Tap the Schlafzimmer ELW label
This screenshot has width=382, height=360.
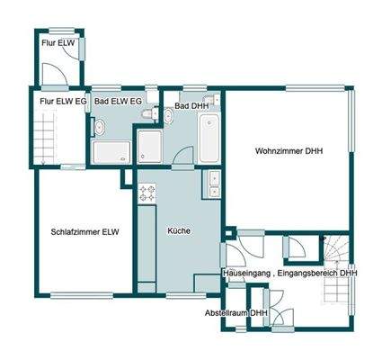(85, 231)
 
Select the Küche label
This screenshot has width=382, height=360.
(178, 231)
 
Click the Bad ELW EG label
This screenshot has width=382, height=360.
(118, 102)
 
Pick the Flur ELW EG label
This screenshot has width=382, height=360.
(62, 102)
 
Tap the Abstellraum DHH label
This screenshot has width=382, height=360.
(236, 312)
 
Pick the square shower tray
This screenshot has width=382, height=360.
(149, 147)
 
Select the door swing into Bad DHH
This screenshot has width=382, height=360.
(183, 155)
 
